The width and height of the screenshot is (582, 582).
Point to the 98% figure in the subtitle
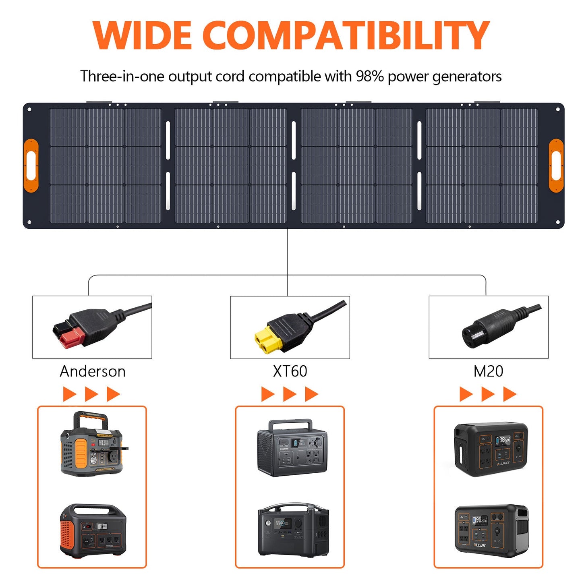click(x=369, y=76)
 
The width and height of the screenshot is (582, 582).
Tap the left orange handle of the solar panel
click(x=31, y=166)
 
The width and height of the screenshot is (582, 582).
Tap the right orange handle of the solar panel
click(x=556, y=166)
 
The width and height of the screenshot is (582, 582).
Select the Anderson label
click(x=93, y=371)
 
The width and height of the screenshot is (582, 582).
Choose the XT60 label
click(x=290, y=371)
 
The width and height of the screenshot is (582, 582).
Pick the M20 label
click(x=488, y=371)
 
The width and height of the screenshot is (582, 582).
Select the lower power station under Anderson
click(x=93, y=530)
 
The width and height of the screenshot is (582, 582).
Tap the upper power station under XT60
click(x=292, y=448)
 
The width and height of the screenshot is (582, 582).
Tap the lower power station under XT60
click(x=293, y=530)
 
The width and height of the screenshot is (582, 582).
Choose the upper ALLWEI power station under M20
click(x=491, y=449)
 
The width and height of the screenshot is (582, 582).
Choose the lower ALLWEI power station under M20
click(x=491, y=530)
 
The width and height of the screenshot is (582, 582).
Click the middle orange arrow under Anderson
click(x=91, y=394)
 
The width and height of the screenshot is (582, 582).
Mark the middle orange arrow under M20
click(x=488, y=394)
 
